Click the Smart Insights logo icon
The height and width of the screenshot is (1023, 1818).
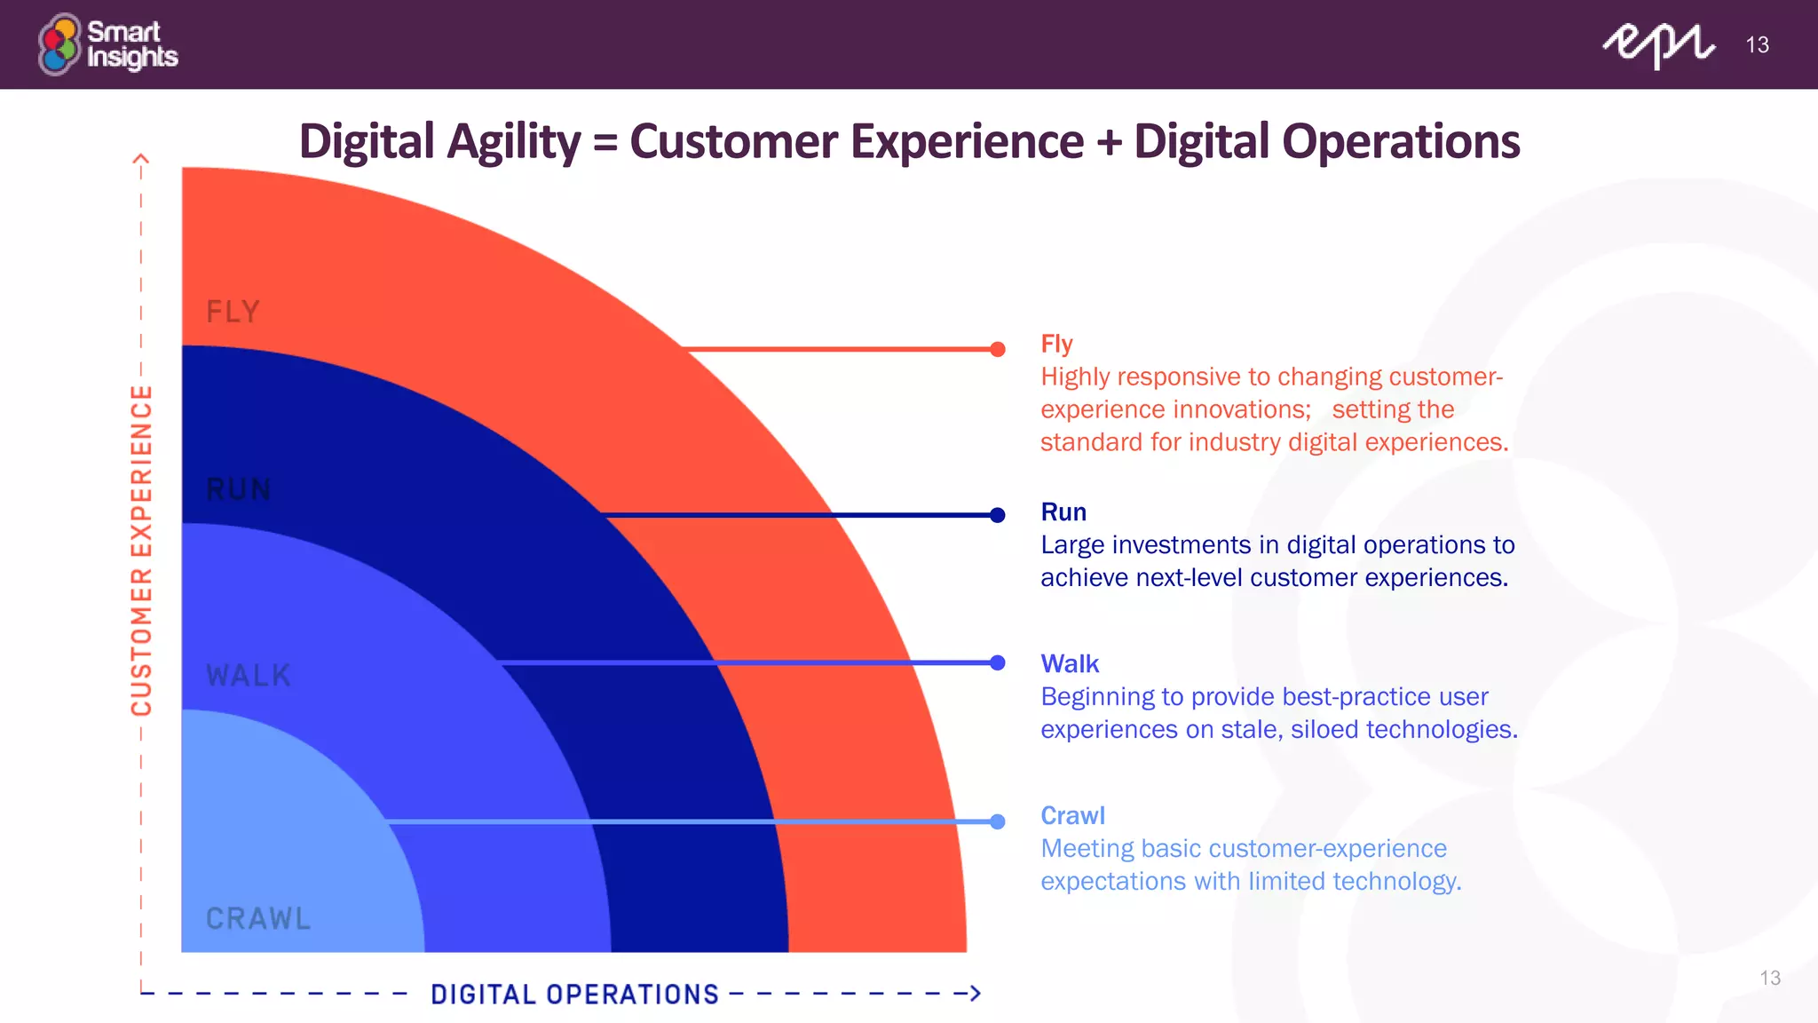59,44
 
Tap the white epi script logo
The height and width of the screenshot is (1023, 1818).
1657,44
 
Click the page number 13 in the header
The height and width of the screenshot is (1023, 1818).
1757,45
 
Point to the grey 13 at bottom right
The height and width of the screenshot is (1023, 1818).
1770,978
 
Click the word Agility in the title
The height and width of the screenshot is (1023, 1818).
514,142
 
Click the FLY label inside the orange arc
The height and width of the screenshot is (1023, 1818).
233,312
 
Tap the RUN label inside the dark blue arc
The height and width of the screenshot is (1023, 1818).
238,489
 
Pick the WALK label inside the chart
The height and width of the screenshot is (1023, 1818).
249,676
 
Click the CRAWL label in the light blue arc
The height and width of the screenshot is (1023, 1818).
258,918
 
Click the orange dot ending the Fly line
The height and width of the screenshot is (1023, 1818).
998,349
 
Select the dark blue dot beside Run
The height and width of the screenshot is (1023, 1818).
998,515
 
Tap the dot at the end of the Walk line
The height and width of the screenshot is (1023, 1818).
998,662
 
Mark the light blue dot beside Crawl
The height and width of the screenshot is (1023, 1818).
998,821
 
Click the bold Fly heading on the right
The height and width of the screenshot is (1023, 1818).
1056,344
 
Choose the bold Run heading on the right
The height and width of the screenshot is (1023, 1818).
1063,512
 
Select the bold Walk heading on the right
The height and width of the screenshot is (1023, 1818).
1070,664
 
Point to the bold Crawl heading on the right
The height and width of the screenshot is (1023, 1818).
1072,816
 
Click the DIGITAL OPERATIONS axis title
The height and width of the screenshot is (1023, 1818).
574,995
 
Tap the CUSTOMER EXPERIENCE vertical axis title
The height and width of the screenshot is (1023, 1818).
142,551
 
